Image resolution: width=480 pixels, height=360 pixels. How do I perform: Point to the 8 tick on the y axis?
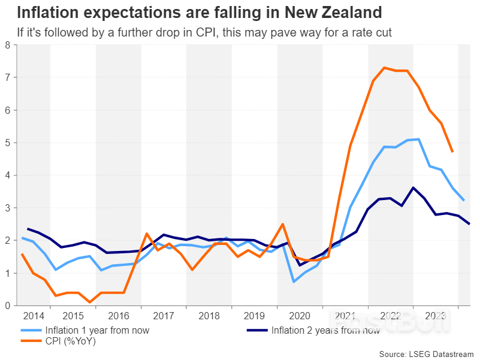pyautogui.click(x=7, y=45)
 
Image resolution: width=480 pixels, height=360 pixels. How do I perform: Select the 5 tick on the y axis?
pyautogui.click(x=7, y=143)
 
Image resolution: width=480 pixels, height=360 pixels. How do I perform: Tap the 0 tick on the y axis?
pyautogui.click(x=7, y=305)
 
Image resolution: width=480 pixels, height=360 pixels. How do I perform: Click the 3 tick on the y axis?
pyautogui.click(x=7, y=208)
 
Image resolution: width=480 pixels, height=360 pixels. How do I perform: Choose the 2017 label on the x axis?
pyautogui.click(x=164, y=316)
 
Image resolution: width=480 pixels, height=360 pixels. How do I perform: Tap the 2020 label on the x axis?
pyautogui.click(x=300, y=316)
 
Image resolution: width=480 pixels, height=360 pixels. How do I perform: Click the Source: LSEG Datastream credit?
pyautogui.click(x=426, y=353)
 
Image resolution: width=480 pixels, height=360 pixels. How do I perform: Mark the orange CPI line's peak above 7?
pyautogui.click(x=384, y=68)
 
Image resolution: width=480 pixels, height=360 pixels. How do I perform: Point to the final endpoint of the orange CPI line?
pyautogui.click(x=452, y=152)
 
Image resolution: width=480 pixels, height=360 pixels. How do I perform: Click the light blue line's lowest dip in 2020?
pyautogui.click(x=294, y=282)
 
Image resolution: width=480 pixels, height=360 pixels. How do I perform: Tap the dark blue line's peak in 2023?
pyautogui.click(x=413, y=187)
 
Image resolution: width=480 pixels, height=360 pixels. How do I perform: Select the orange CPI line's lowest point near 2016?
pyautogui.click(x=90, y=302)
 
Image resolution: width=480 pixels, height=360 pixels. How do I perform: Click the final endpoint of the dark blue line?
pyautogui.click(x=469, y=224)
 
